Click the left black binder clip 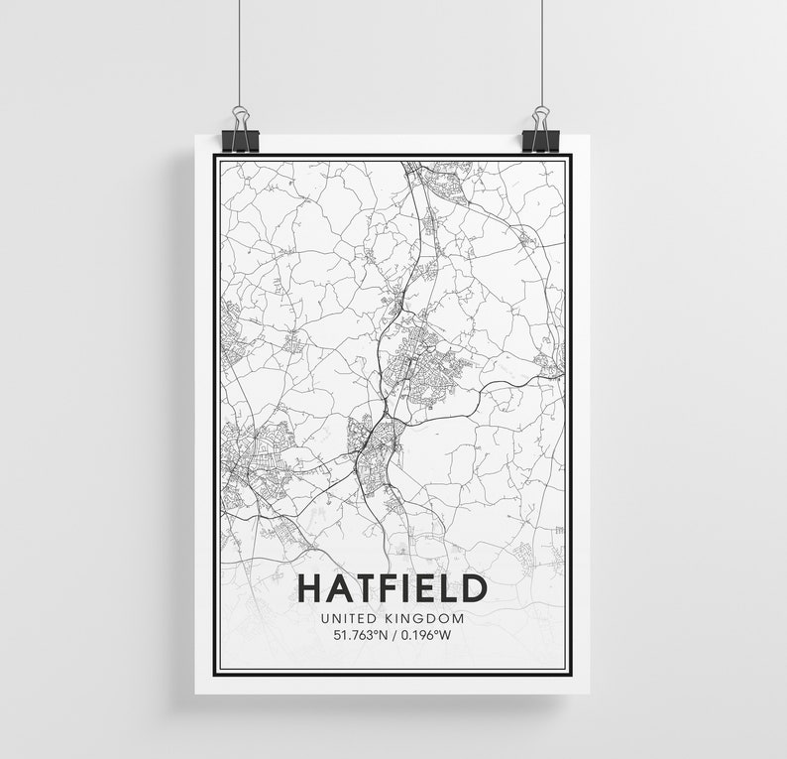point(240,133)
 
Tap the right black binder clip point(542,133)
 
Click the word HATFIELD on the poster point(392,588)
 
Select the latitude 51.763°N point(357,636)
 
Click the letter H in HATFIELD point(310,588)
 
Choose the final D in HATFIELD point(473,588)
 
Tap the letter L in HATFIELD point(448,588)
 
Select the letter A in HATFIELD point(338,588)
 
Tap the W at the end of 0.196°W point(457,636)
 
